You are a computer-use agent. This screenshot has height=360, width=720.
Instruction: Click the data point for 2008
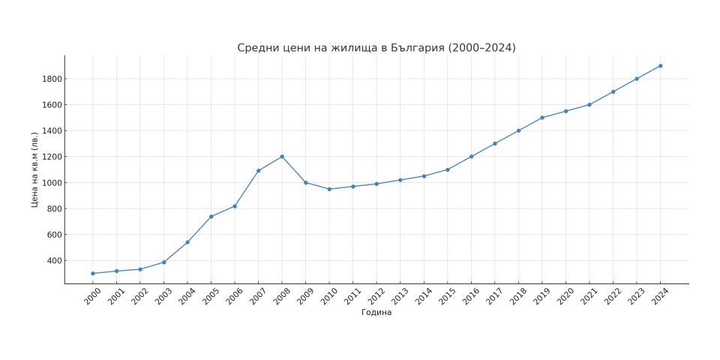(282, 157)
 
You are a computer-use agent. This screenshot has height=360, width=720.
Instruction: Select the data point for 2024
(660, 66)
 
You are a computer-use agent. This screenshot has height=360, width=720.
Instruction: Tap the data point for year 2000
(93, 274)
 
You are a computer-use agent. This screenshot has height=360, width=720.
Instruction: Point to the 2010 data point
(329, 189)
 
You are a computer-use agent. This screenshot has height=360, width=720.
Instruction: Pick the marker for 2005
(211, 217)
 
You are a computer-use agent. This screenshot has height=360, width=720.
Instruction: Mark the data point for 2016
(471, 157)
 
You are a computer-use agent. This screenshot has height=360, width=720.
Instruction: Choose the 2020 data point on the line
(565, 111)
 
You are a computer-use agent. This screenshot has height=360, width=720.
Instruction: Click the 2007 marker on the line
(258, 171)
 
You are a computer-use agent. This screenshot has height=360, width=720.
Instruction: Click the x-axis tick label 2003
(163, 296)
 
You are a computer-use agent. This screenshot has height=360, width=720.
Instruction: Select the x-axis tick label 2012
(376, 296)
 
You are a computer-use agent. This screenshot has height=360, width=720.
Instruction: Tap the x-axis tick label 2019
(541, 296)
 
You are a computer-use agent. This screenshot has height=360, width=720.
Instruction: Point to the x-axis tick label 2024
(659, 296)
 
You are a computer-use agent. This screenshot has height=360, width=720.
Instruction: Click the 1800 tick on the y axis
(52, 79)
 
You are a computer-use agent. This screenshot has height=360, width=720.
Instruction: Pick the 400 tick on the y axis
(55, 261)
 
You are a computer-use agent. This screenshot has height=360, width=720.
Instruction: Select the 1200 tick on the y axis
(52, 157)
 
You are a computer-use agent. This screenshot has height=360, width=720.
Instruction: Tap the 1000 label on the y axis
(52, 183)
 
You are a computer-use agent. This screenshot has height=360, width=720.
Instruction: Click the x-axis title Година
(376, 313)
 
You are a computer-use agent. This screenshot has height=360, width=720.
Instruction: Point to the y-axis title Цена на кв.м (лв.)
(34, 169)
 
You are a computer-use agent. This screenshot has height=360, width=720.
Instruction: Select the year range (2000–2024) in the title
(482, 48)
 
